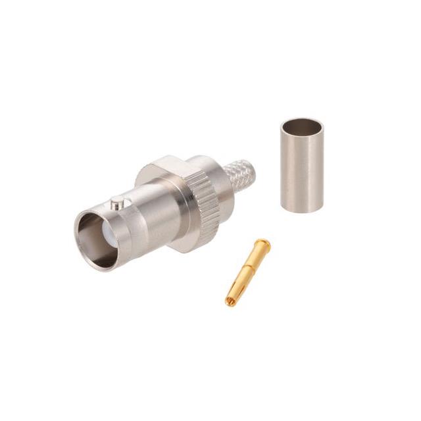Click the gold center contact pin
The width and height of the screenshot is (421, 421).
coord(247,274)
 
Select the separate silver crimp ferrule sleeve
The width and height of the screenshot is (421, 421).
coord(302,165)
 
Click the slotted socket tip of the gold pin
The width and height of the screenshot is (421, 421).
coord(232,301)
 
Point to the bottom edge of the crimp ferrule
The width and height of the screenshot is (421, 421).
coord(303,209)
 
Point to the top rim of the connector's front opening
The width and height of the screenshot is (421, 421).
coord(99,210)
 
